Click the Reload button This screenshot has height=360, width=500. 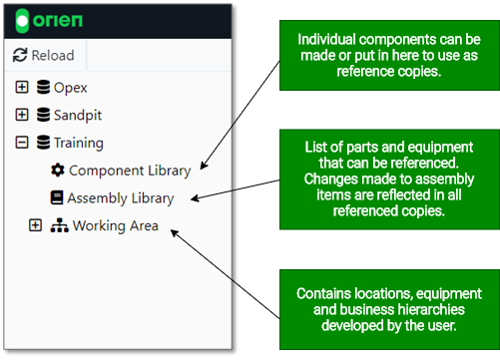[43, 56]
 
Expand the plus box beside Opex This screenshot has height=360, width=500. [22, 88]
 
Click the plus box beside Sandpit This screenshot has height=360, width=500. [22, 115]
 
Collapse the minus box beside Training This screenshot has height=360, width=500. [22, 143]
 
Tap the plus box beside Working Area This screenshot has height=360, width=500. [36, 225]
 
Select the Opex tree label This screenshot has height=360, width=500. [71, 88]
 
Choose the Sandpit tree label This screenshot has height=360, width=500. [80, 115]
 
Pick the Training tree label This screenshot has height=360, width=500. [79, 143]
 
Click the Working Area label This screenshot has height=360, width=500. [115, 225]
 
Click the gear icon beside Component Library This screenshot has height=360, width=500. [57, 171]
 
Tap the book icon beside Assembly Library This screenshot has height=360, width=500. [57, 198]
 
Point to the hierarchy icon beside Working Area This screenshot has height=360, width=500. [59, 225]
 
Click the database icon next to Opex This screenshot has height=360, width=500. [43, 88]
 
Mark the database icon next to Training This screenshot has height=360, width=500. [43, 143]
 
